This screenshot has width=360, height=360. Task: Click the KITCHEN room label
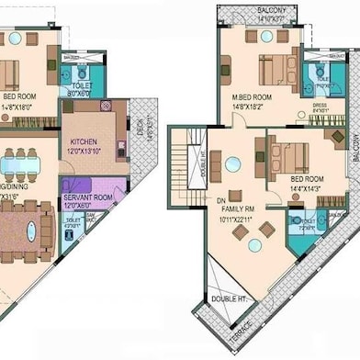pos(84,141)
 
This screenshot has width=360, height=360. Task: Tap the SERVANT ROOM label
pos(88,197)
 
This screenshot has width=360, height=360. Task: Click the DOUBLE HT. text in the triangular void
pos(228,299)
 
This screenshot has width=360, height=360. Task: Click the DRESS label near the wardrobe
pos(319,106)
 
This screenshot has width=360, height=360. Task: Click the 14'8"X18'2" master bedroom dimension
pos(250,106)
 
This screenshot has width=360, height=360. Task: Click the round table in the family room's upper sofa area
pos(233,164)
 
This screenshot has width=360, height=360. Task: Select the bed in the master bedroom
pos(275,69)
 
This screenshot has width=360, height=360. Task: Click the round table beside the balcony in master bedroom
pos(266,37)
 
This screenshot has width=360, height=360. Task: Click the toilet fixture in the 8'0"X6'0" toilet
pos(82,72)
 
